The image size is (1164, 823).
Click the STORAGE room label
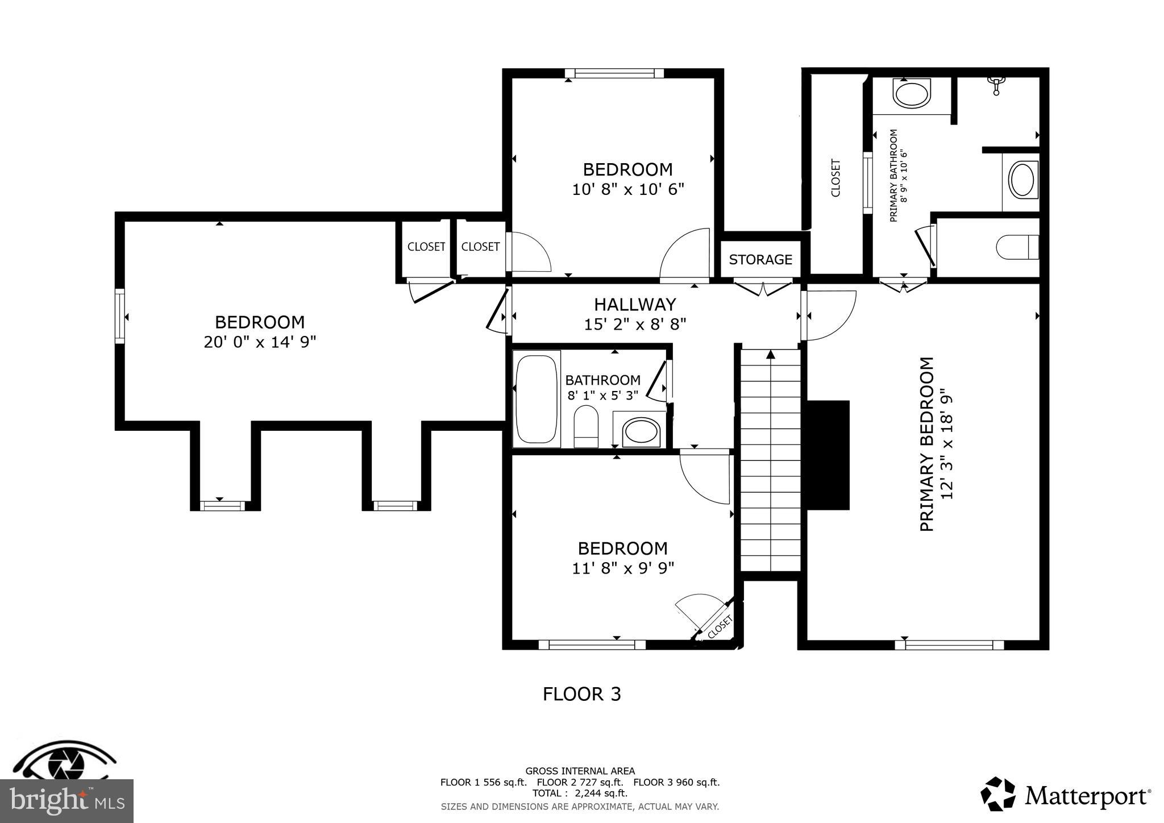point(760,260)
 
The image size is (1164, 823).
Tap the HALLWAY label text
point(635,305)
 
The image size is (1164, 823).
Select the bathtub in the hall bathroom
point(536,399)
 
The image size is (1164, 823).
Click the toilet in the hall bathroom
point(586,426)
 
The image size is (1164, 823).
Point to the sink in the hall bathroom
point(642,433)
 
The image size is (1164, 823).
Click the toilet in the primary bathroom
point(1017,247)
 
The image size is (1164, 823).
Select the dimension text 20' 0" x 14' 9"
point(260,342)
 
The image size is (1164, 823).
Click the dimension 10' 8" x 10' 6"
point(627,189)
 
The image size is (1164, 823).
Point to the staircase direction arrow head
point(771,355)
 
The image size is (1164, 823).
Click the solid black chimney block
point(828,455)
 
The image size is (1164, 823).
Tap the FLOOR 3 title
point(581,695)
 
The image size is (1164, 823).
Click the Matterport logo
point(1066,795)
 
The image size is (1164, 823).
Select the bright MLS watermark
point(66,801)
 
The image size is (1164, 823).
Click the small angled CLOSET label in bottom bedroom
point(720,627)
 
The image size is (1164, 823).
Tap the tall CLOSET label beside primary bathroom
point(835,178)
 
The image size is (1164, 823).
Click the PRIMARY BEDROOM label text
point(926,444)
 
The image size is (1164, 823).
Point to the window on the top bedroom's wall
point(614,73)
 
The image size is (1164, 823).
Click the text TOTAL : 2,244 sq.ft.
point(580,793)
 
